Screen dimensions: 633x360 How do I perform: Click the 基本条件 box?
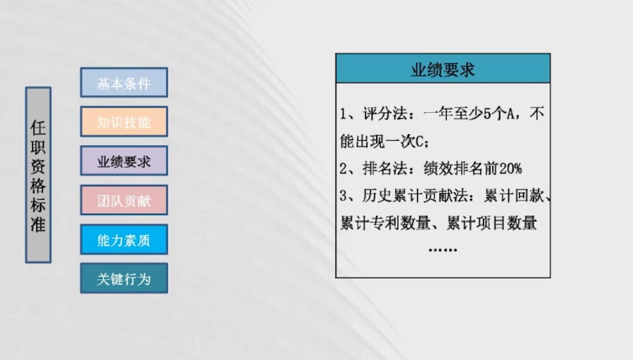click(124, 83)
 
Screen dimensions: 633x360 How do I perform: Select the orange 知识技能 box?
click(124, 121)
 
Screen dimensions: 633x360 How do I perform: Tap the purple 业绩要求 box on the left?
click(124, 161)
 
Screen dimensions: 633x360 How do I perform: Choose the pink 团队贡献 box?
click(124, 200)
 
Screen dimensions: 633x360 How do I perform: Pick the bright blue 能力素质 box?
click(124, 239)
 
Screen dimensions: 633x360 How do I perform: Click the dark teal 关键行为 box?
click(124, 278)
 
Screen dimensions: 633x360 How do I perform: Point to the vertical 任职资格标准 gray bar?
click(39, 175)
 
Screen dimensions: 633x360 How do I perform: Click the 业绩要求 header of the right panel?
click(443, 68)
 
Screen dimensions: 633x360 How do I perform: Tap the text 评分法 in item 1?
click(384, 114)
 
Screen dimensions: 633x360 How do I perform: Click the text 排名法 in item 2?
click(384, 169)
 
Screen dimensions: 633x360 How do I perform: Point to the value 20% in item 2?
click(510, 169)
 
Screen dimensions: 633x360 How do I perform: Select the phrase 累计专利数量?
click(385, 223)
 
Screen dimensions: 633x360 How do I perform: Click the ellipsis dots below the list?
click(443, 250)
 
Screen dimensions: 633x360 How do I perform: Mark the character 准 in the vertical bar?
click(38, 224)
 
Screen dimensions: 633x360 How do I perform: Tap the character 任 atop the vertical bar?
click(38, 128)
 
